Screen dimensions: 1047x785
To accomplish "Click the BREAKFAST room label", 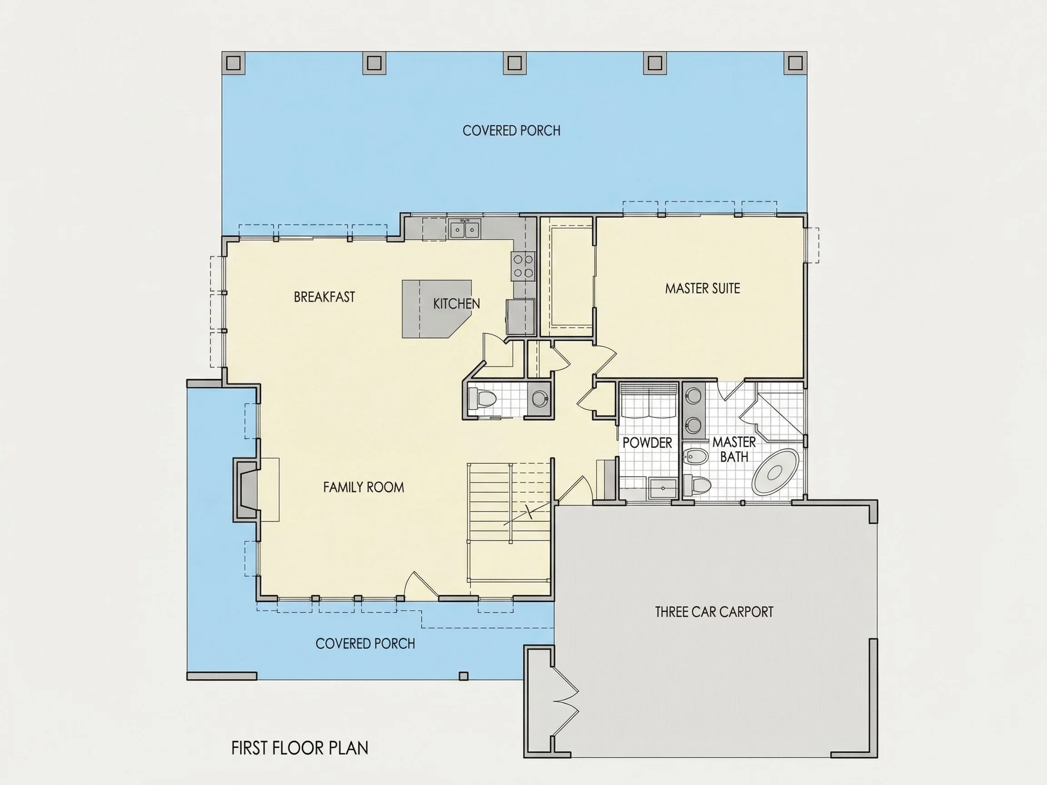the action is click(324, 297).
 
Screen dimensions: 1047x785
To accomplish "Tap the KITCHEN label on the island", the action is click(456, 303).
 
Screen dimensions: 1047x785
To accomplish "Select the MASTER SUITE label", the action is click(703, 288).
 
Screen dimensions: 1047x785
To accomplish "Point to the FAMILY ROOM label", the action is click(364, 487).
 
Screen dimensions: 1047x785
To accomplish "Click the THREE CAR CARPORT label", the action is click(714, 612).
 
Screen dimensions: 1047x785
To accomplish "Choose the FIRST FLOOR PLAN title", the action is click(299, 748).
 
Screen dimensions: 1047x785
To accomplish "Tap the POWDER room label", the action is click(647, 442).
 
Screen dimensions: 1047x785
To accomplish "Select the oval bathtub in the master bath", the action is click(775, 472).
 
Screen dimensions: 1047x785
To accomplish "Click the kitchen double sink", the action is click(464, 229).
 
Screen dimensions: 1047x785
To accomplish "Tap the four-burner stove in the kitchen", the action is click(523, 266).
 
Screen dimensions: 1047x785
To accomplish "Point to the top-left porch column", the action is click(234, 63).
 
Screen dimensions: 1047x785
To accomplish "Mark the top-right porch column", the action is click(795, 63).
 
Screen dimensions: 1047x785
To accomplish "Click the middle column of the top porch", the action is click(514, 63).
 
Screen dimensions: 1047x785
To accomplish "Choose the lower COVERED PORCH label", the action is click(365, 644).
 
